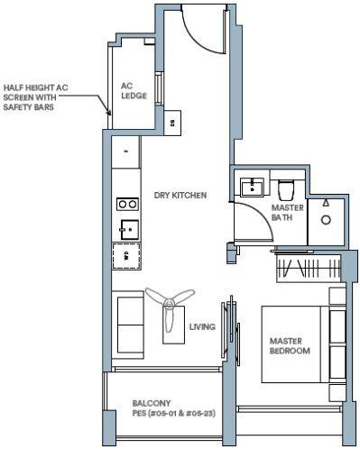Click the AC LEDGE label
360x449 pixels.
click(x=134, y=91)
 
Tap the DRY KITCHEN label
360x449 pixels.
click(x=180, y=196)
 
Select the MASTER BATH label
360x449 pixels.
click(x=287, y=213)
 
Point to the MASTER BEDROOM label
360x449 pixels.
click(x=290, y=346)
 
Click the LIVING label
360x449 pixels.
click(x=202, y=326)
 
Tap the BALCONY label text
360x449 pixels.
click(x=152, y=403)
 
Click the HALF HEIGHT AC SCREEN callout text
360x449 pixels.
click(x=35, y=97)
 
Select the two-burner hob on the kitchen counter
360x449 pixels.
click(x=127, y=205)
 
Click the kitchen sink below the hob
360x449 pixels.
click(x=130, y=230)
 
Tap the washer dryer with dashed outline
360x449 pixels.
click(x=126, y=256)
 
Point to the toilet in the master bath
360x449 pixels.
click(x=286, y=189)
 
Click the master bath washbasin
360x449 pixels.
click(x=252, y=188)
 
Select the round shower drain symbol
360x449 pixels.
click(x=326, y=220)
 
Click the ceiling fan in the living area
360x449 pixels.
click(x=171, y=307)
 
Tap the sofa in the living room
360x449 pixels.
click(x=127, y=325)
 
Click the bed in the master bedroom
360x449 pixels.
click(x=303, y=344)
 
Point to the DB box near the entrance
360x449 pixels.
click(x=172, y=123)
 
